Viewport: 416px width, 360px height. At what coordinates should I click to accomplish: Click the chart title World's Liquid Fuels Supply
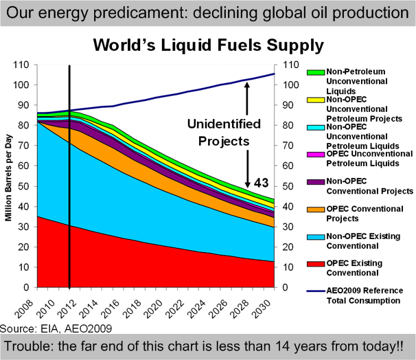pos(208,46)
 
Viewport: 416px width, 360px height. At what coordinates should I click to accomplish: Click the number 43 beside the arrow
pos(262,184)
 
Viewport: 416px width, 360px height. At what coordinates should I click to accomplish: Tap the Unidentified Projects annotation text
pos(224,132)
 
